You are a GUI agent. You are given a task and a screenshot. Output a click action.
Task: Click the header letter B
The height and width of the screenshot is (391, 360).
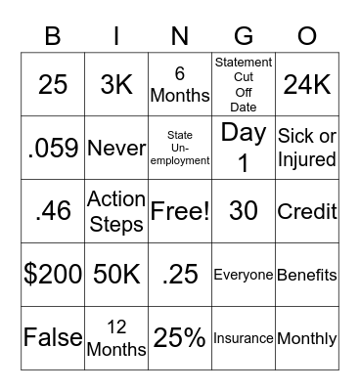[53, 37]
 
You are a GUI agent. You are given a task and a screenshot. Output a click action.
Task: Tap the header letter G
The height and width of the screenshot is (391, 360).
[243, 37]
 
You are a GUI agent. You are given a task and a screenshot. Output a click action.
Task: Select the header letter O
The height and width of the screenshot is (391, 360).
[306, 37]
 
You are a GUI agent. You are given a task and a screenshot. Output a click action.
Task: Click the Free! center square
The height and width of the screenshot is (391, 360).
[180, 211]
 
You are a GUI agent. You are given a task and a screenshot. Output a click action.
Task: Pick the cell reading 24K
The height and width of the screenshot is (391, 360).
[306, 84]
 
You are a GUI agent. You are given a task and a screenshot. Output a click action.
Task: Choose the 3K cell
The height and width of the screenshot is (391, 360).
[116, 84]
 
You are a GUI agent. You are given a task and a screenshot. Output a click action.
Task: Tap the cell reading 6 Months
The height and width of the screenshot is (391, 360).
[180, 84]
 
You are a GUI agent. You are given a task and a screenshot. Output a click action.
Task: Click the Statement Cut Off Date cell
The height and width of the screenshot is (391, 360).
[243, 84]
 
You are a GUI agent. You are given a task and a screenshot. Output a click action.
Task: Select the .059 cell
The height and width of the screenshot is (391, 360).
[53, 148]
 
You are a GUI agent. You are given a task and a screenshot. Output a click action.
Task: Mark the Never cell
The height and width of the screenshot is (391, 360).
[116, 148]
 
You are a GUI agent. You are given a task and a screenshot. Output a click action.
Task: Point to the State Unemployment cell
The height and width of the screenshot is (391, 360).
[180, 148]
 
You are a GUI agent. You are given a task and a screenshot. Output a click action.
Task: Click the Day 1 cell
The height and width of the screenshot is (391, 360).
[243, 148]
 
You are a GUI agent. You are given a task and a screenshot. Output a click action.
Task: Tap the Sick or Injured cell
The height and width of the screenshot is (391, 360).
[306, 148]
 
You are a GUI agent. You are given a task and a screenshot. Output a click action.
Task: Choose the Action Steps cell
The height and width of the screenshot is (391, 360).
[116, 211]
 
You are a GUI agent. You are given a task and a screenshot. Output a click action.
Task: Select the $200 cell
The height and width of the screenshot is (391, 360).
[53, 275]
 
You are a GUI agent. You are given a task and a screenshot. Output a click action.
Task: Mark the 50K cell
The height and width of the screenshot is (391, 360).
[116, 275]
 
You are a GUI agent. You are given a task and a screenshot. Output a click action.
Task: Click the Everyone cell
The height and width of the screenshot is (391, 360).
[243, 275]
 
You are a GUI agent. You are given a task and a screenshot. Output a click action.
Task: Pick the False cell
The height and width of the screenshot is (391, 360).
[53, 338]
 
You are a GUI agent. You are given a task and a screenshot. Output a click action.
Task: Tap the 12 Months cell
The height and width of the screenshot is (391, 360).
[116, 338]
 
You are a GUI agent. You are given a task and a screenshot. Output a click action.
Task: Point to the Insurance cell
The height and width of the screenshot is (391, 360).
[243, 338]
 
